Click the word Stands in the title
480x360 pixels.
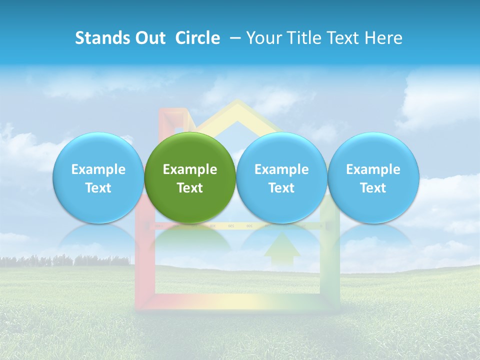click(99, 38)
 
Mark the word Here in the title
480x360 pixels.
click(384, 38)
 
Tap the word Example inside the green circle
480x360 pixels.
click(190, 170)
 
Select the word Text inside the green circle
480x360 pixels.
click(190, 188)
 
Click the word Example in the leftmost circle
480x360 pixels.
click(98, 170)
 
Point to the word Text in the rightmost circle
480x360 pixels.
click(373, 188)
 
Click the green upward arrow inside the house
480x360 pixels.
click(282, 247)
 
